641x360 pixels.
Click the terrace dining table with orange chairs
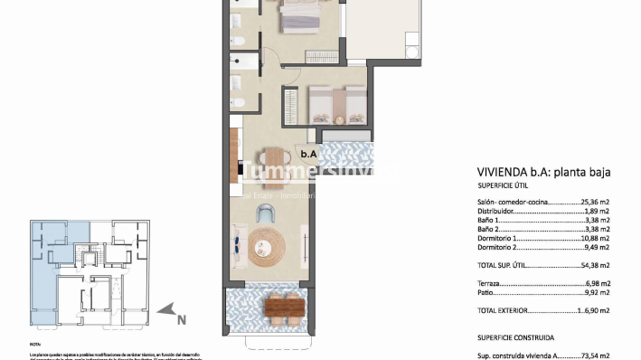(x=283, y=309)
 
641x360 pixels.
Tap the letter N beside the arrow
(x=181, y=318)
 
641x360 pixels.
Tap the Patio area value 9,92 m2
(x=597, y=292)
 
